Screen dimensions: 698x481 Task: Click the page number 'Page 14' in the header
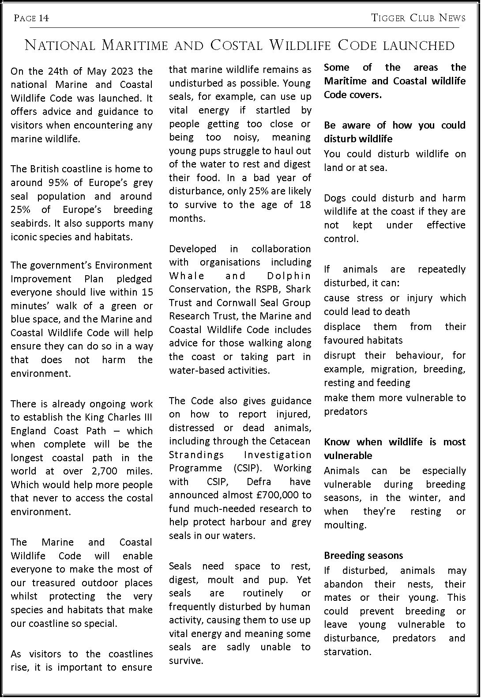click(x=31, y=18)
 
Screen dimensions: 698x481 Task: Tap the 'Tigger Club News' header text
click(x=418, y=18)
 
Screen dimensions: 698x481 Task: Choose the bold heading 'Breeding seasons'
click(x=364, y=556)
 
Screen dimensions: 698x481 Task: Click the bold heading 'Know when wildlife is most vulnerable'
click(x=395, y=449)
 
